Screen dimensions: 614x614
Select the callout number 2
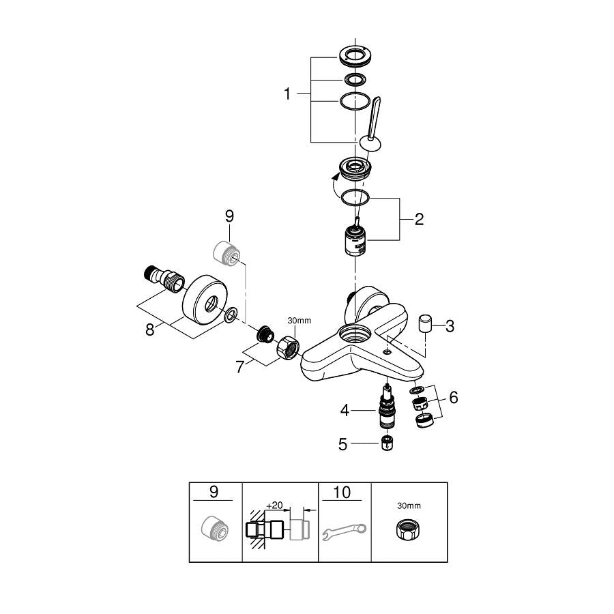pos(418,219)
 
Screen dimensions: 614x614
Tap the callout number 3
pos(450,326)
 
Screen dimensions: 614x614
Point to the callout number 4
pos(345,410)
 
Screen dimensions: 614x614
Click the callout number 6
pos(453,398)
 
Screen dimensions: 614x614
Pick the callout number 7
pos(240,367)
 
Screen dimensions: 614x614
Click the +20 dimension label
pos(274,505)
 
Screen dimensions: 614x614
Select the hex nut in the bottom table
pos(409,529)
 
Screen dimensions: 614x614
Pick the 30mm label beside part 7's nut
pos(299,320)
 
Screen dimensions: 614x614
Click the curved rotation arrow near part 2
pos(331,186)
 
